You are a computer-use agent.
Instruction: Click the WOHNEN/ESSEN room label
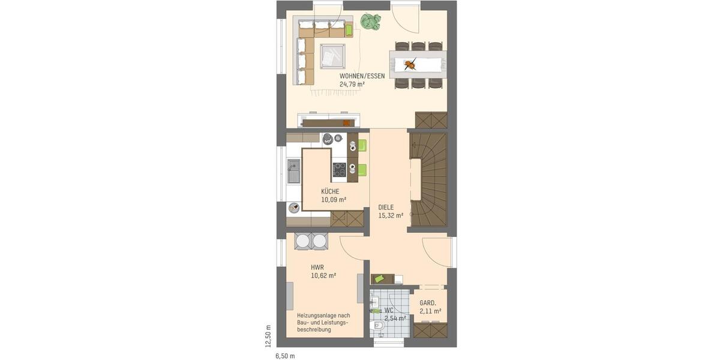[362, 76]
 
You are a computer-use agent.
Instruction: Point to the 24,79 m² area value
[352, 85]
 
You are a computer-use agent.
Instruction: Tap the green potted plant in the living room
[370, 22]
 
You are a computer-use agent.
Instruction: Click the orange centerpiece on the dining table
[410, 64]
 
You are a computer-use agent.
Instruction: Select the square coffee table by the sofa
[332, 56]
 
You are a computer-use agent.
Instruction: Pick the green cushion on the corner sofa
[349, 29]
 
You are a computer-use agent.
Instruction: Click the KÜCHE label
[330, 191]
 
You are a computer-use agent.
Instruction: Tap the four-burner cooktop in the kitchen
[340, 170]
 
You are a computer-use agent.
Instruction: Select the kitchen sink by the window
[294, 171]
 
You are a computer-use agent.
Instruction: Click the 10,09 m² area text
[334, 200]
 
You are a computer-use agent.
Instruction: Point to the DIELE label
[386, 207]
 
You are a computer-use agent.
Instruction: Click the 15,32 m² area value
[391, 215]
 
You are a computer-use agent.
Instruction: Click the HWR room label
[317, 268]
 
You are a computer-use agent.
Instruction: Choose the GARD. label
[427, 303]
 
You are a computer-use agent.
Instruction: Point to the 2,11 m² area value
[430, 311]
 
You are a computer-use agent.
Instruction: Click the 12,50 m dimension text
[268, 336]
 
